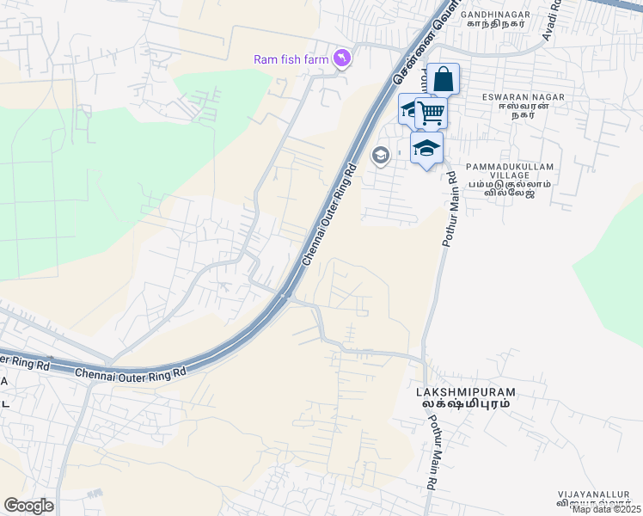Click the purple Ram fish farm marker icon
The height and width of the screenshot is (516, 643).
tap(344, 58)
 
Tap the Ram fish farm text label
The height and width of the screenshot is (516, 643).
tap(292, 59)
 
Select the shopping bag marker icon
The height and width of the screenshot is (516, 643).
tap(443, 80)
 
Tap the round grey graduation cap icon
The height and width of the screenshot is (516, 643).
tap(379, 156)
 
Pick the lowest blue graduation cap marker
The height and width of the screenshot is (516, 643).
tap(426, 149)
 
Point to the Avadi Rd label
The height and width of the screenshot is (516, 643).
tap(550, 20)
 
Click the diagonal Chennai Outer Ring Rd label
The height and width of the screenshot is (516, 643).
tap(328, 215)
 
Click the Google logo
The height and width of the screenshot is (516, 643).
tap(28, 506)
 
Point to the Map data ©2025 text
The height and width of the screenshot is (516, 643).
tap(607, 509)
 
